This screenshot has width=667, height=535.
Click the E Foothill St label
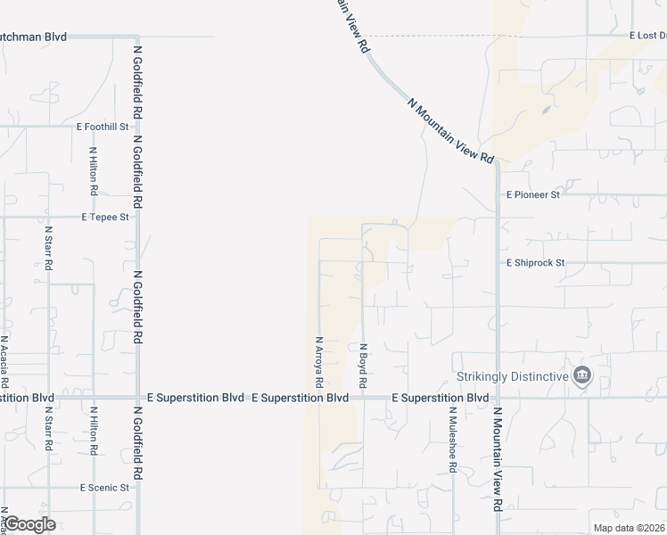pos(103,127)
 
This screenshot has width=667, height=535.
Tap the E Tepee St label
pos(105,217)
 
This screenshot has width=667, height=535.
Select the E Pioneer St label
pos(532,194)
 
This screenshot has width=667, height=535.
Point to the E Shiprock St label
pos(536,263)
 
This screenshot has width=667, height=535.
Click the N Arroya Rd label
pos(318,361)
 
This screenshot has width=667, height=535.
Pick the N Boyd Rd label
pos(363,365)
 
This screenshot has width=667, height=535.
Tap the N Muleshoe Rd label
pos(453,440)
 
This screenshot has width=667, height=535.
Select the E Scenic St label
pos(105,488)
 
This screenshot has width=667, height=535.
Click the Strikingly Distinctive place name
pos(512,376)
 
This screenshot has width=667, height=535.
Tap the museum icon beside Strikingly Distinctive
pos(582,375)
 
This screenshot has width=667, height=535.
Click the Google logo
pos(29,524)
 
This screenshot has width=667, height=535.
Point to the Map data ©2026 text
pos(629,528)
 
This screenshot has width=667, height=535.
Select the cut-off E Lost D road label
pos(646,36)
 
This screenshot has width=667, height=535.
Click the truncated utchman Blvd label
pos(34,37)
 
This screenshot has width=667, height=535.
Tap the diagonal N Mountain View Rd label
pos(450,130)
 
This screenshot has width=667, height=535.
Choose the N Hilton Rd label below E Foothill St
pos(93,172)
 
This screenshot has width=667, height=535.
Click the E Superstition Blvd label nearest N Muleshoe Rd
pos(441,397)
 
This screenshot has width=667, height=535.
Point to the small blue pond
pos(546,111)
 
